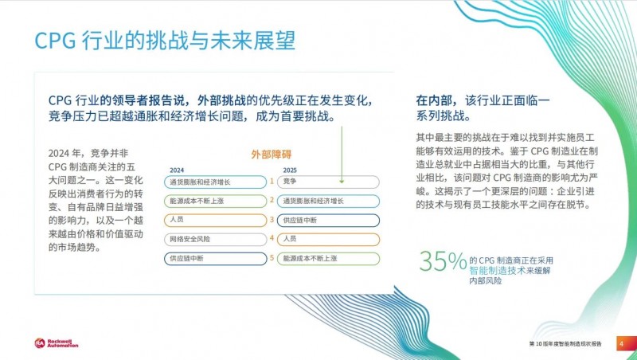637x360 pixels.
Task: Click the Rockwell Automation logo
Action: pos(56,343)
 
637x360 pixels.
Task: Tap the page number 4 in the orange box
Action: pos(621,344)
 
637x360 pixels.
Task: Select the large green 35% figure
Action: pos(443,261)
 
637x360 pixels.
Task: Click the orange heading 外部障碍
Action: pos(271,155)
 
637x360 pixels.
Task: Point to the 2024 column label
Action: pos(177,170)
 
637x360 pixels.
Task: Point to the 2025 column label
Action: pos(290,170)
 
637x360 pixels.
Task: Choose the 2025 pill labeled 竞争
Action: pos(328,182)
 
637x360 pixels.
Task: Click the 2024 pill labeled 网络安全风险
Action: pos(215,239)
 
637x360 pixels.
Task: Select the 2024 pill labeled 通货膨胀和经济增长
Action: pos(215,182)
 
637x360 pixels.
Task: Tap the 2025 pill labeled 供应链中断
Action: pos(328,221)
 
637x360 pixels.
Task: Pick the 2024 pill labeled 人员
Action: pos(215,220)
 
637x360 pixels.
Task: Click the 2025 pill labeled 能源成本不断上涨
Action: pos(328,258)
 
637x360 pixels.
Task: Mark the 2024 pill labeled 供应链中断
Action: pos(215,258)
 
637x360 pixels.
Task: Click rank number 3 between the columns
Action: pos(272,220)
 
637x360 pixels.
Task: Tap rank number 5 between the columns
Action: pos(272,258)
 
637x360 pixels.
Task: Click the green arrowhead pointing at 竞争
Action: pos(342,182)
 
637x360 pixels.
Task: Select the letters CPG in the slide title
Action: pos(55,41)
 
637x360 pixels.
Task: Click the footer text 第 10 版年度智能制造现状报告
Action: pos(565,344)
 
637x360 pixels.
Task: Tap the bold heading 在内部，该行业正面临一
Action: pos(483,100)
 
